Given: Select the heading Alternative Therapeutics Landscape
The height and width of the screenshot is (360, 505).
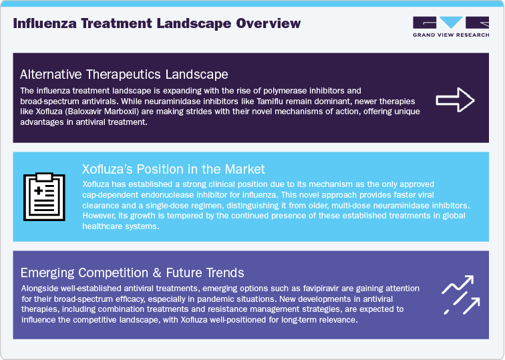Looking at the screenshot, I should click(124, 74).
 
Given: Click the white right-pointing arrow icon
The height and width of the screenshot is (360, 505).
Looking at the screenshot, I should click(455, 100).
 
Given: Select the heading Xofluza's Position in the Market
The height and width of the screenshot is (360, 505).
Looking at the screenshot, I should click(173, 169).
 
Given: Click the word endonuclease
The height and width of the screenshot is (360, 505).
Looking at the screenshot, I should click(176, 194).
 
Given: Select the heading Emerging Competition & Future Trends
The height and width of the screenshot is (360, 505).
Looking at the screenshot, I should click(132, 273).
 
